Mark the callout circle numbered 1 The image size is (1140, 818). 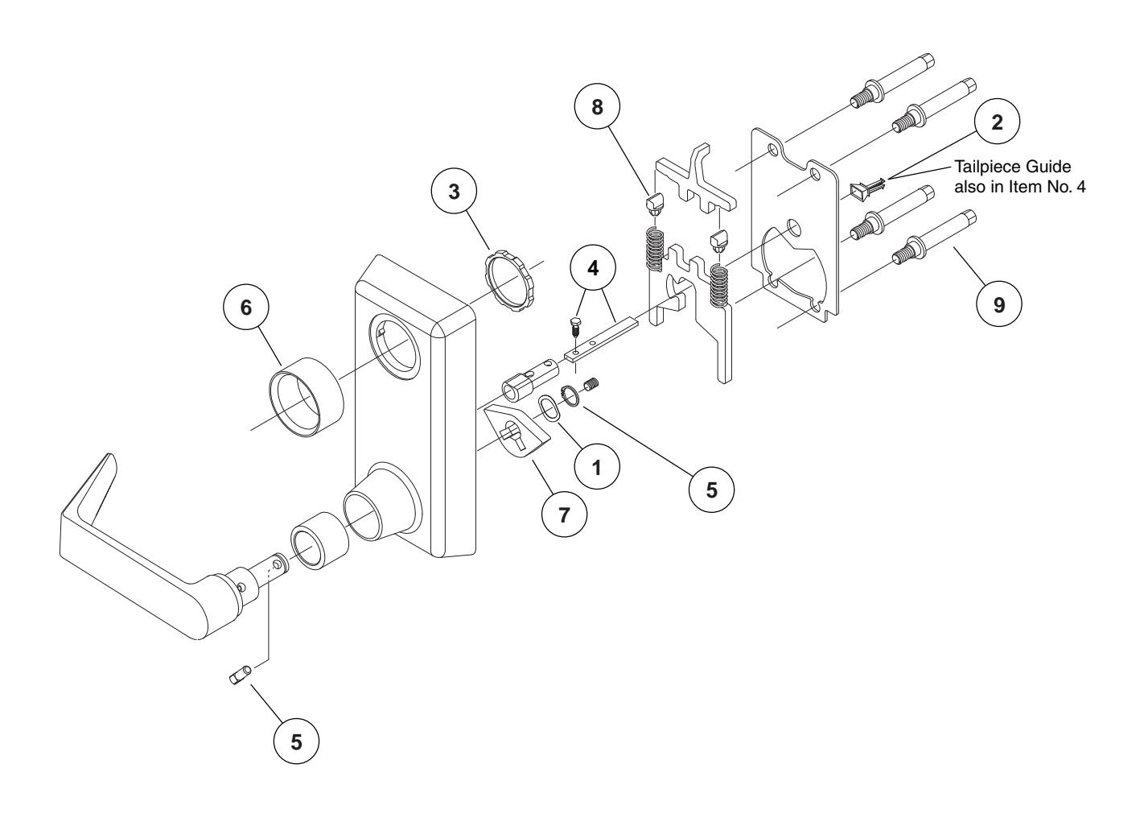(x=595, y=468)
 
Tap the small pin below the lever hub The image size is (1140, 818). (x=240, y=675)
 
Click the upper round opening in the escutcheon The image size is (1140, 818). (x=394, y=343)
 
